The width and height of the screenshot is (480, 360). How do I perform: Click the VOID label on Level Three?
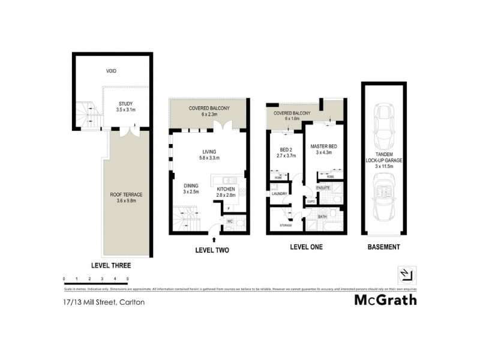tap(112, 71)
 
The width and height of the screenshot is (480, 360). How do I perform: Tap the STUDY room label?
tap(125, 107)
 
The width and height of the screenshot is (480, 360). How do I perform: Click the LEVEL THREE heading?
tap(111, 265)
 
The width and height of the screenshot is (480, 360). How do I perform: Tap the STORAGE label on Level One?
tap(286, 225)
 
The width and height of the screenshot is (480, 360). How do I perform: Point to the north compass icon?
tap(406, 274)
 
